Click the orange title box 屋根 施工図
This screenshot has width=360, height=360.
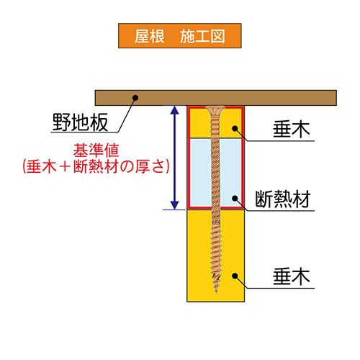[x=180, y=36]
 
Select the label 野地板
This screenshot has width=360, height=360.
[x=80, y=122]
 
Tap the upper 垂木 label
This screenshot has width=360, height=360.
[x=292, y=130]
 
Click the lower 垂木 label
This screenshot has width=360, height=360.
[x=292, y=276]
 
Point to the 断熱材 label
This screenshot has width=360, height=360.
[x=283, y=199]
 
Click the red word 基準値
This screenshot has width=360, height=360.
[x=96, y=150]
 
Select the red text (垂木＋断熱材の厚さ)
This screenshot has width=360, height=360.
[x=96, y=166]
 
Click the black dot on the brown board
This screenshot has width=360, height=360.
[x=135, y=98]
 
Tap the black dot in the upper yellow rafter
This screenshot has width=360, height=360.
[x=235, y=128]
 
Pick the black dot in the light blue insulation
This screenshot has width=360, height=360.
[x=235, y=198]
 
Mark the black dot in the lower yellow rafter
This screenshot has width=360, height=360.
[x=235, y=276]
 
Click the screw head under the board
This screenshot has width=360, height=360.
[x=215, y=110]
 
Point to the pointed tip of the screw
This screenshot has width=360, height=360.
[x=216, y=292]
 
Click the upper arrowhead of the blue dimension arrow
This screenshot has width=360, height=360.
[x=174, y=110]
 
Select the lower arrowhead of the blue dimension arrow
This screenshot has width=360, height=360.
[x=174, y=205]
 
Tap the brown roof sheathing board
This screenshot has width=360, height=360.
[x=216, y=98]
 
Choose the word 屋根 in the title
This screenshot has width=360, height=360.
[x=149, y=36]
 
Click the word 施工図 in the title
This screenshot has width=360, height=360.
[x=202, y=36]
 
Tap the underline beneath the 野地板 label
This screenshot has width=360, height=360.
[x=85, y=132]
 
